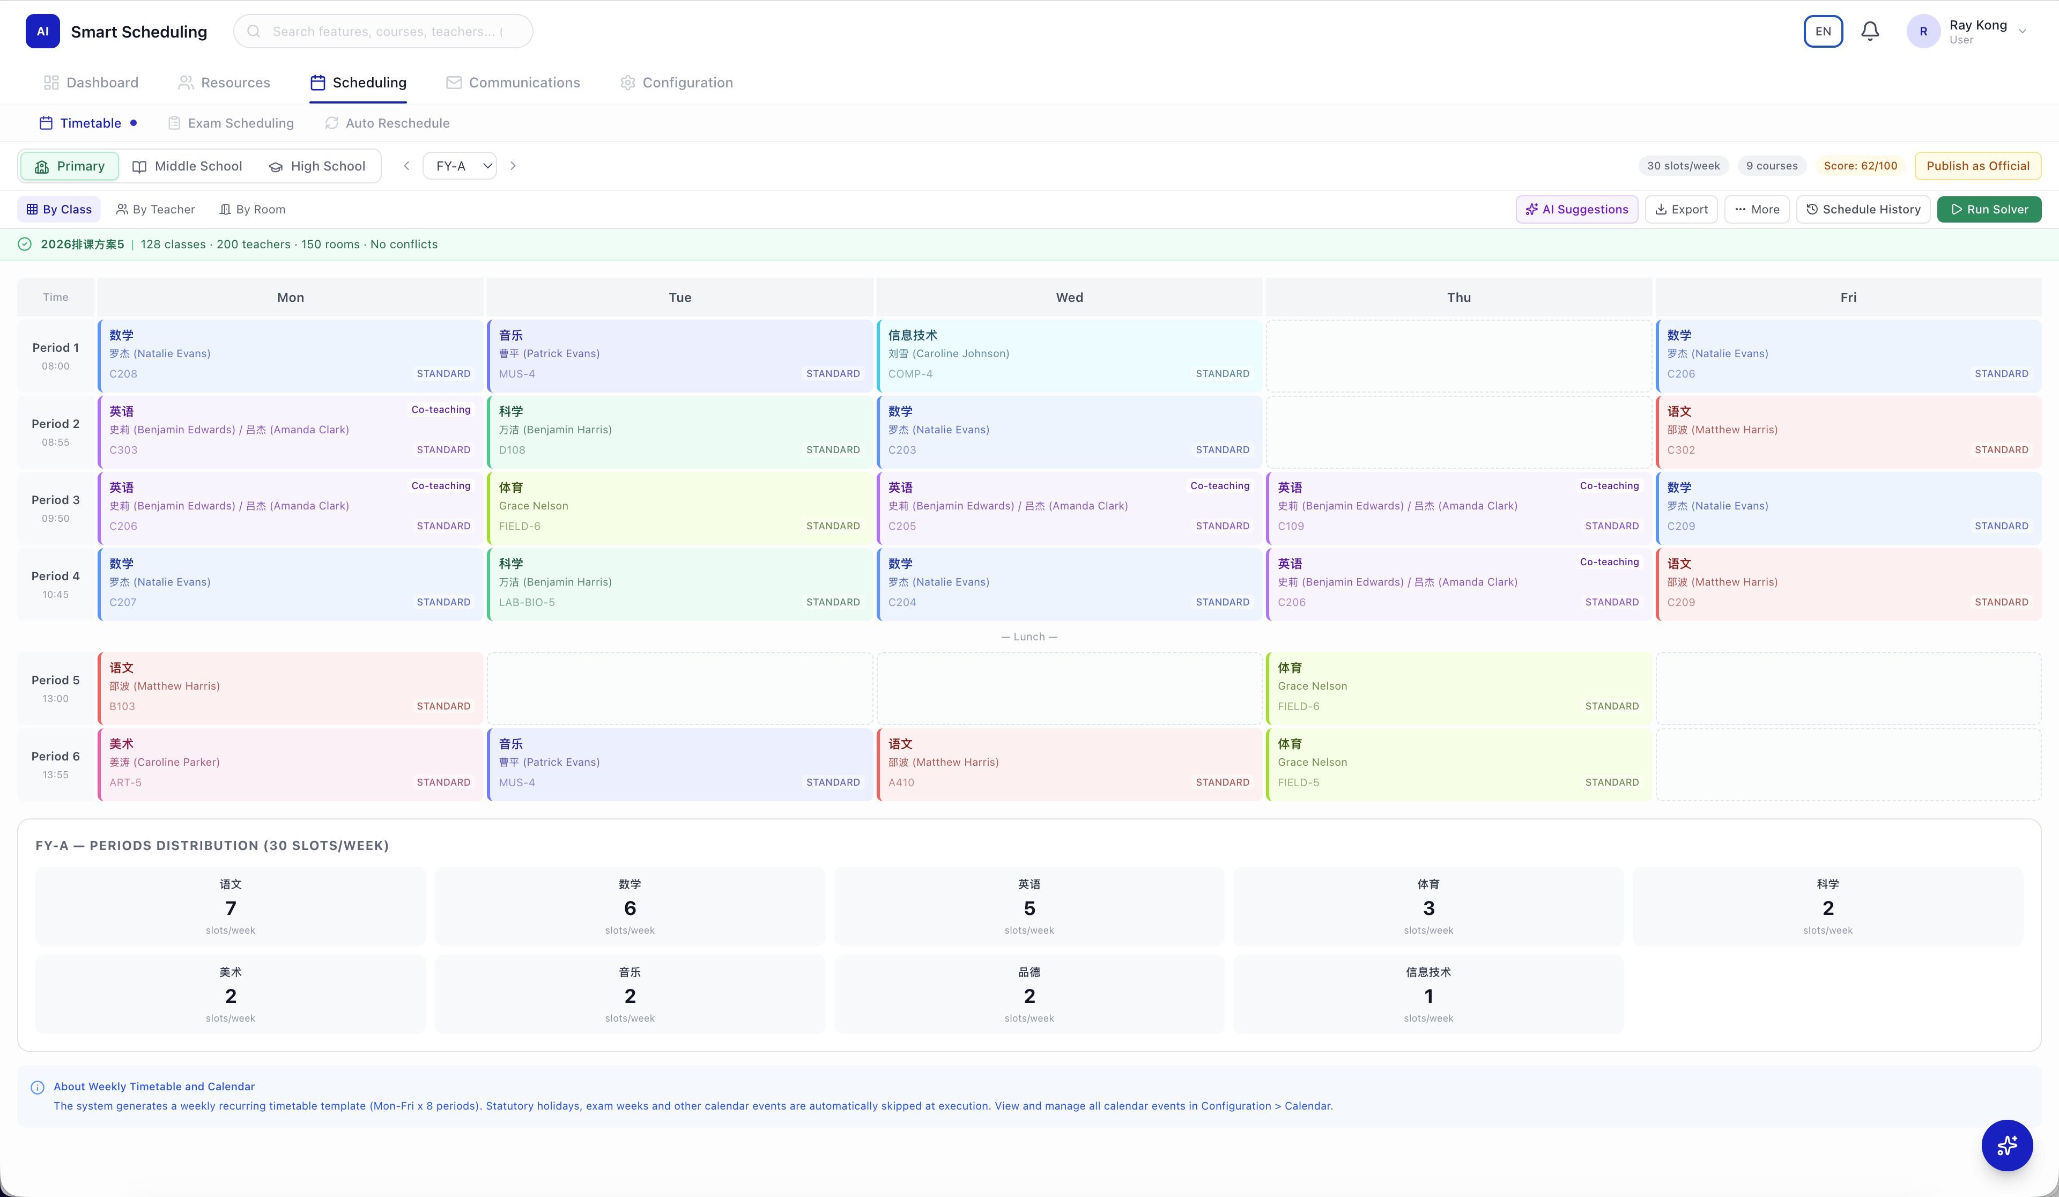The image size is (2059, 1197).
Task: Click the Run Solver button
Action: click(x=1989, y=209)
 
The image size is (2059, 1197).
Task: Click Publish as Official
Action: click(x=1977, y=166)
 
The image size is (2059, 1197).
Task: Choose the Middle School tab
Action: click(x=187, y=166)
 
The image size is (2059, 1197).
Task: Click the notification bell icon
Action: click(x=1869, y=31)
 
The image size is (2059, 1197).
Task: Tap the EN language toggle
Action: click(x=1823, y=31)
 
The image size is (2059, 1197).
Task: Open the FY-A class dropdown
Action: click(x=460, y=166)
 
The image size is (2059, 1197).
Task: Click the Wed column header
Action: click(x=1069, y=298)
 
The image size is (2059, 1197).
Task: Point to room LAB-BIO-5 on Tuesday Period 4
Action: click(x=526, y=602)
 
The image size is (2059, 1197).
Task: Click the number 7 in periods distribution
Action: click(x=231, y=908)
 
